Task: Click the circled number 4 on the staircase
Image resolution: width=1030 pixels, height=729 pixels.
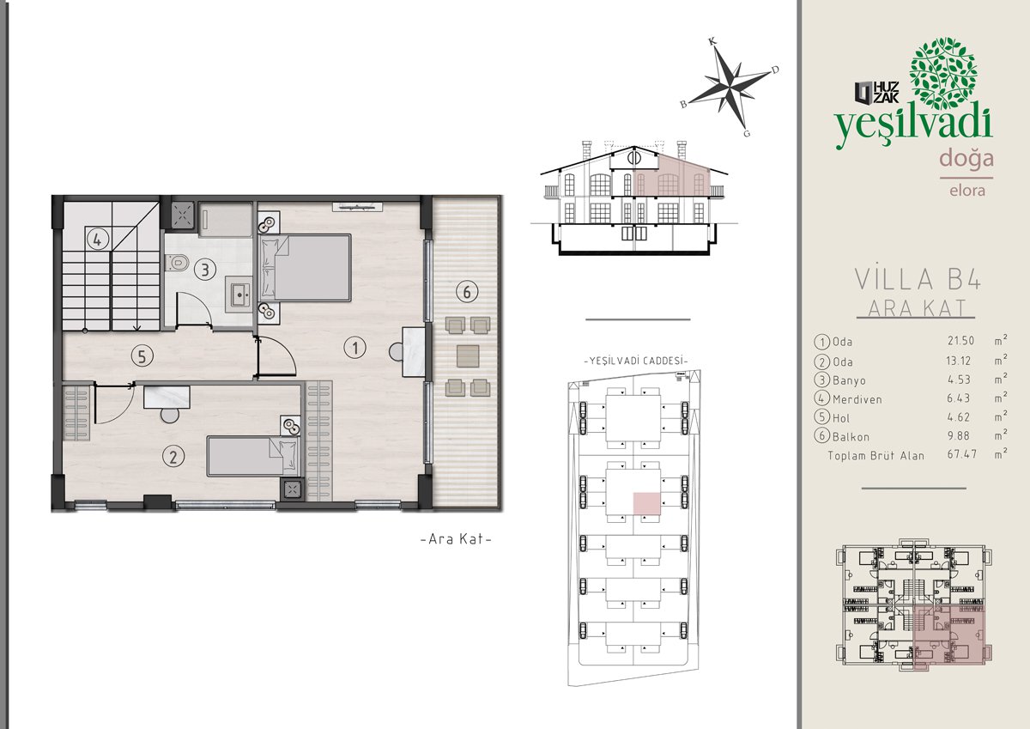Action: click(97, 240)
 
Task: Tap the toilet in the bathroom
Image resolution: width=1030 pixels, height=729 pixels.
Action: click(177, 263)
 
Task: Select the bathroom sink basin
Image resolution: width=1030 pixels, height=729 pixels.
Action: click(239, 294)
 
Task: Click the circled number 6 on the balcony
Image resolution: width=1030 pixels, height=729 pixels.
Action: click(467, 292)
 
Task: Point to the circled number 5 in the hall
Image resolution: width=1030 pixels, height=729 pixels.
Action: click(142, 356)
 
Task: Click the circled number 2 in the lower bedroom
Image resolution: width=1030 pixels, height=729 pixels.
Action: click(173, 456)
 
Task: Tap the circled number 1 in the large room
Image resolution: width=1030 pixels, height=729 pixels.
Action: click(354, 348)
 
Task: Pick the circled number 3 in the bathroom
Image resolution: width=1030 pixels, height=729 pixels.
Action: click(204, 269)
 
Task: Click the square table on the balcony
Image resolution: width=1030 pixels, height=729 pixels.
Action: click(468, 356)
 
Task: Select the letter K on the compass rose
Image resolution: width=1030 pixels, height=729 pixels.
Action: click(712, 41)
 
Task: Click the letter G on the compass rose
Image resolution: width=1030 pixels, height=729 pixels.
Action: click(746, 133)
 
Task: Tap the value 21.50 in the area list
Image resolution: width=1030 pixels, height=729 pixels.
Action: click(960, 341)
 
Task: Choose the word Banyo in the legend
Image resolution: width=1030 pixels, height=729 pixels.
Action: click(849, 380)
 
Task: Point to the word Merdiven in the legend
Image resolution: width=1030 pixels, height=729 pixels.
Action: click(857, 399)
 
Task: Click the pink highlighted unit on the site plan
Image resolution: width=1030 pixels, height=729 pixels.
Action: click(647, 503)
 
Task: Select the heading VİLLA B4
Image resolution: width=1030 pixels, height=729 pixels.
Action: click(918, 279)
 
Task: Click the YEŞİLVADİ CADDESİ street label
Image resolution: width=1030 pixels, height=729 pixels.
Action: click(635, 361)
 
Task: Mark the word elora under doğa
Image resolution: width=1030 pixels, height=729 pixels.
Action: click(967, 191)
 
